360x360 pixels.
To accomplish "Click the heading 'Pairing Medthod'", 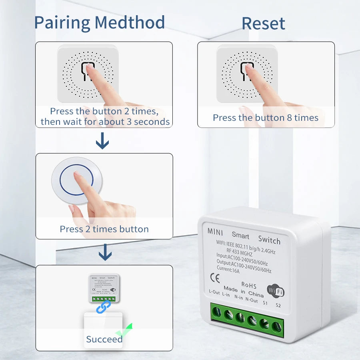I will click(99, 22).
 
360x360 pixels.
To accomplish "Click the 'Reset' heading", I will click(263, 24).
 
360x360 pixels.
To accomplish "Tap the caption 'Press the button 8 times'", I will click(266, 118).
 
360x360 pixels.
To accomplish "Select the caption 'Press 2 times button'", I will click(104, 229).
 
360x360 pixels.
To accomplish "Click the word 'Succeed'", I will click(104, 339).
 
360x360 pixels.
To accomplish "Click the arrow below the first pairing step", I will click(103, 141).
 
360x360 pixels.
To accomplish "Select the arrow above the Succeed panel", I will click(105, 252).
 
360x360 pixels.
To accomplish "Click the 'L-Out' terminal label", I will click(214, 292).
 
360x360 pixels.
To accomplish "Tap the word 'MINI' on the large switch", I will click(215, 232).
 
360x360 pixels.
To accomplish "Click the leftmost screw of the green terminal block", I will click(216, 312).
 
